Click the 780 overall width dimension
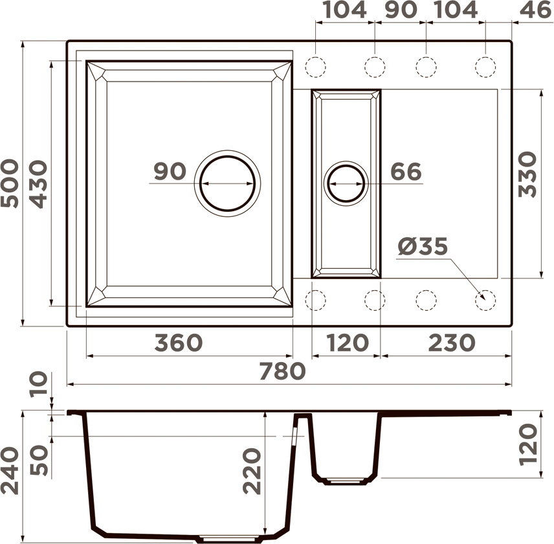pyautogui.click(x=282, y=371)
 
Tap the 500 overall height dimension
pyautogui.click(x=10, y=183)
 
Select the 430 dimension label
pyautogui.click(x=38, y=184)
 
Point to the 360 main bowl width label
pyautogui.click(x=179, y=343)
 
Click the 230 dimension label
pyautogui.click(x=452, y=343)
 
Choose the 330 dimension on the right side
pyautogui.click(x=527, y=174)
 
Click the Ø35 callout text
pyautogui.click(x=423, y=246)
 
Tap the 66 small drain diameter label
pyautogui.click(x=406, y=172)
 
